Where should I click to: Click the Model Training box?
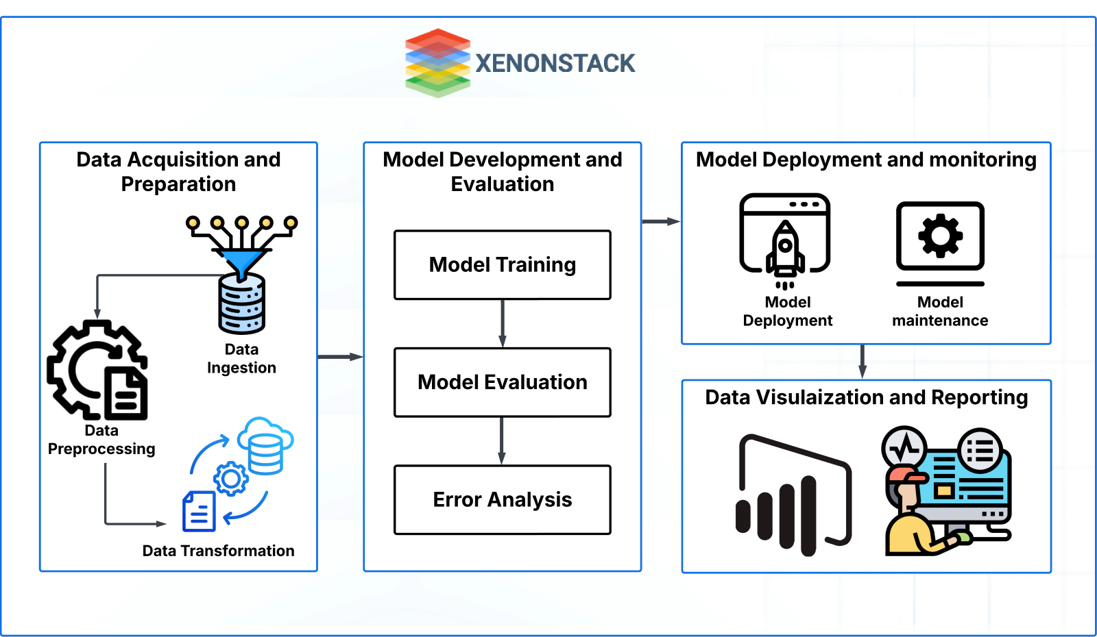click(502, 265)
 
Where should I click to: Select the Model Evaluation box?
click(502, 382)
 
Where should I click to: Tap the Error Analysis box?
click(502, 500)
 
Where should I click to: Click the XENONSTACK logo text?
click(555, 64)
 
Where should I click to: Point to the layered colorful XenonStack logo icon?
click(437, 63)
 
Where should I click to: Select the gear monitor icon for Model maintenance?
click(940, 237)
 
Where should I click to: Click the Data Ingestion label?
click(241, 359)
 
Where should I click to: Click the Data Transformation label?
click(218, 551)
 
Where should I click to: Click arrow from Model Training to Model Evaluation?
click(502, 323)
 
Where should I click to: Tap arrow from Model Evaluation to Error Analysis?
click(502, 440)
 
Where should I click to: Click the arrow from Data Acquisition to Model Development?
click(339, 357)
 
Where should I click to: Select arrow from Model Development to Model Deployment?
click(660, 221)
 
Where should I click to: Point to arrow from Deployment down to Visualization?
click(862, 362)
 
